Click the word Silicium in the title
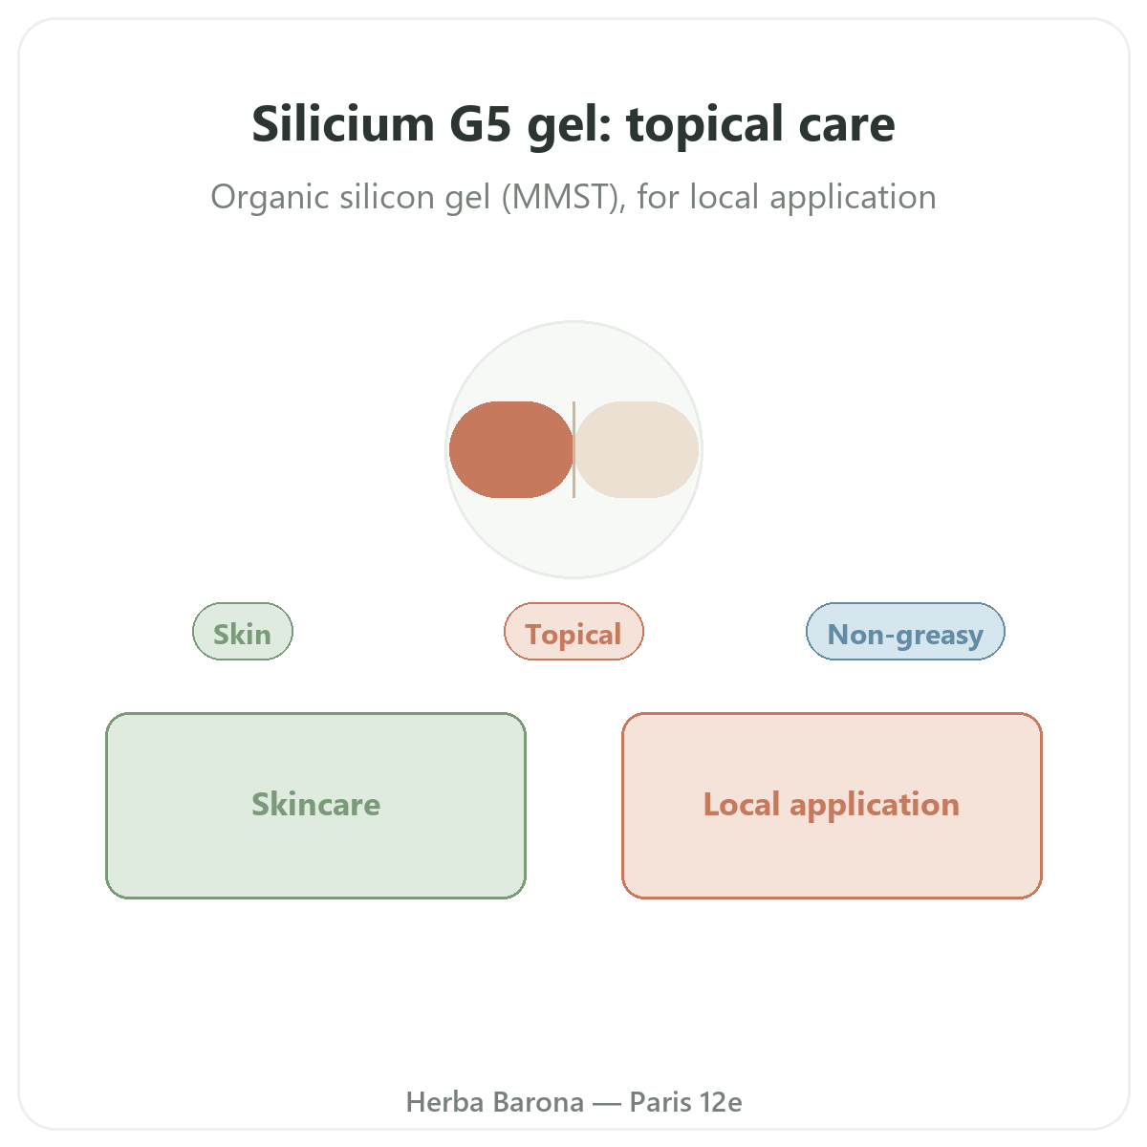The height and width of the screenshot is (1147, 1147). pos(343,124)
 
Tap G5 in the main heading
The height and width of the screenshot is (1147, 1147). pos(481,124)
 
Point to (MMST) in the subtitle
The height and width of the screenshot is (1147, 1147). pos(564,197)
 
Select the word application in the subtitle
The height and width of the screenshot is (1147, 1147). pos(853,198)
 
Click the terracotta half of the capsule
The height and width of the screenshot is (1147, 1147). pos(510,449)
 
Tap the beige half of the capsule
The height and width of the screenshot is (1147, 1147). pos(637,449)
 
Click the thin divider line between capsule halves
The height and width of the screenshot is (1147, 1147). pos(573,449)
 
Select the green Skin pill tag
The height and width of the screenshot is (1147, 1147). pos(242,631)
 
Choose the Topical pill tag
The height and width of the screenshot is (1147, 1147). pos(573,631)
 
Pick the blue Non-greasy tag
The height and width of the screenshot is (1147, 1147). pos(905,631)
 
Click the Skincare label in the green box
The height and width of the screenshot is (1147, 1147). pos(316,804)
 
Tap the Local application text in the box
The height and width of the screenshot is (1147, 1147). pos(832,806)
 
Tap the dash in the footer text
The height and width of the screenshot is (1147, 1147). pos(607,1104)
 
